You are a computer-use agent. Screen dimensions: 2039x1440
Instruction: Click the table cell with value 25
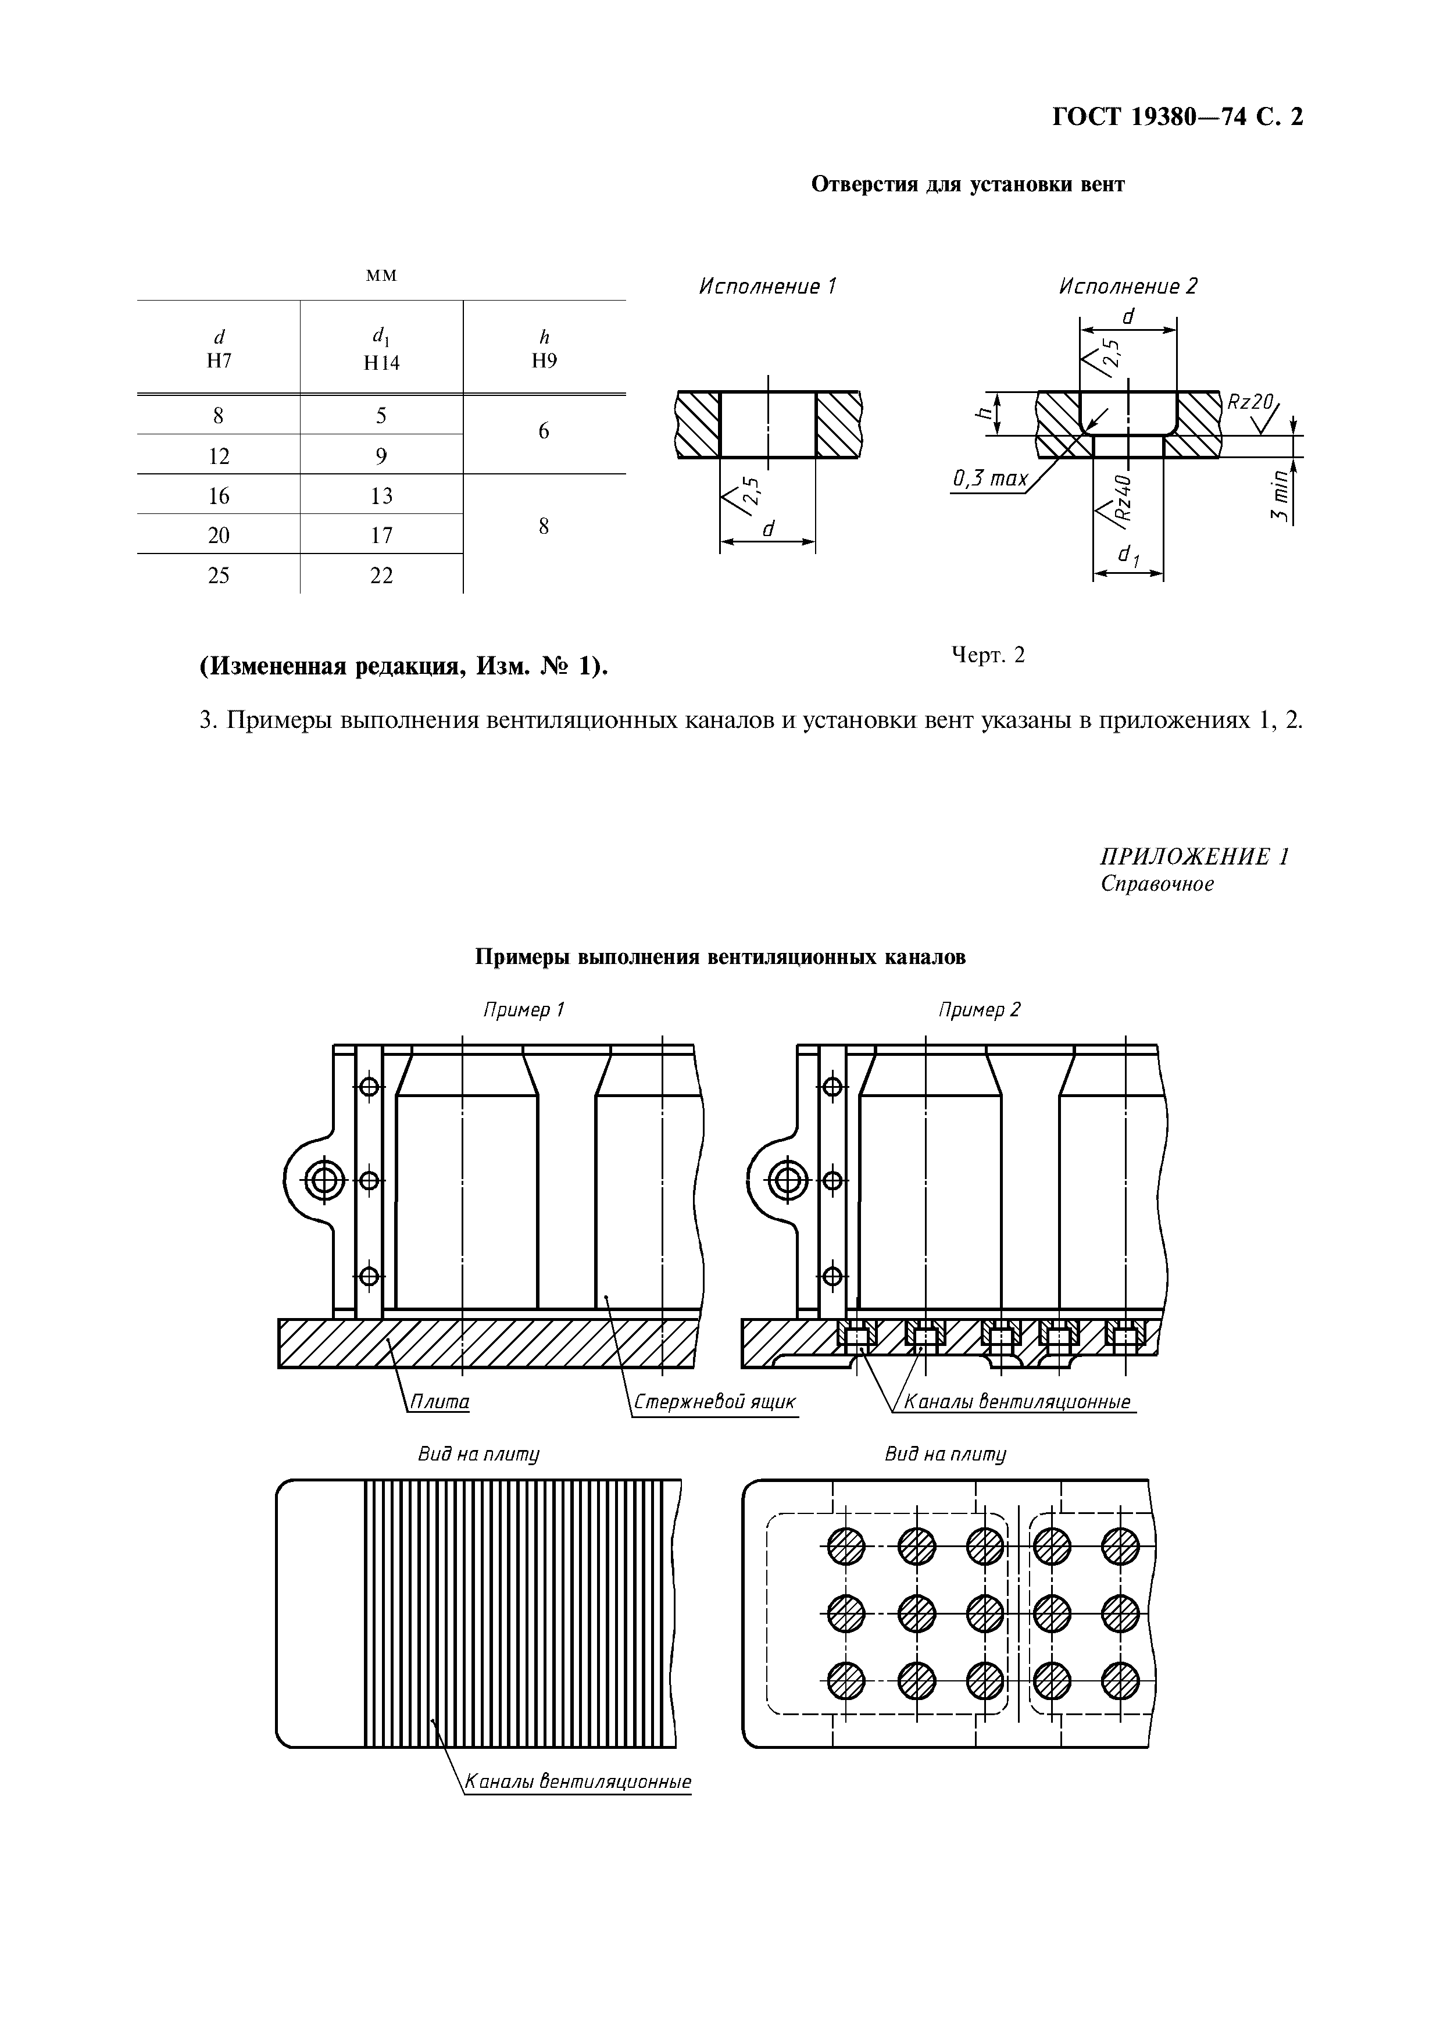[x=219, y=576]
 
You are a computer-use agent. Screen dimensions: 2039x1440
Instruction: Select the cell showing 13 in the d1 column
[x=382, y=495]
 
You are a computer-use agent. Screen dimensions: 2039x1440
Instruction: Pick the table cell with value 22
[x=382, y=576]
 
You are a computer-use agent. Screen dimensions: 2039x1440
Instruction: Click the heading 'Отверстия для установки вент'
[x=968, y=185]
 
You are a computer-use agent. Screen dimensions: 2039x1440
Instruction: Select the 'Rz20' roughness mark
[x=1250, y=402]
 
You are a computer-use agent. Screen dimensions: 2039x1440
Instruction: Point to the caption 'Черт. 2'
[x=988, y=655]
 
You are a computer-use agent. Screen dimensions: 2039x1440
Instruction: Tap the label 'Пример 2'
[x=979, y=1010]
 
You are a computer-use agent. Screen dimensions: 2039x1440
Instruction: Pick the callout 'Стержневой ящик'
[x=714, y=1402]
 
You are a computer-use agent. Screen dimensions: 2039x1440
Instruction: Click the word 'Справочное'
[x=1157, y=884]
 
